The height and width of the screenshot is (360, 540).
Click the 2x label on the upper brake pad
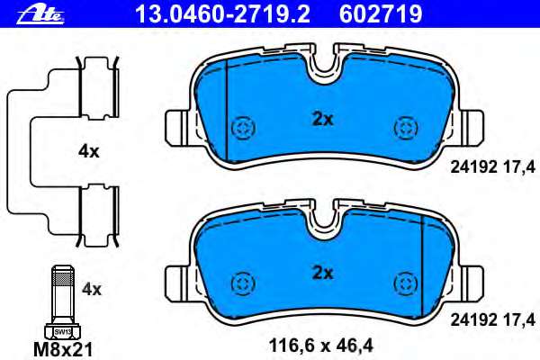322,119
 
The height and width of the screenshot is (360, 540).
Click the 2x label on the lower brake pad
322,272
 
